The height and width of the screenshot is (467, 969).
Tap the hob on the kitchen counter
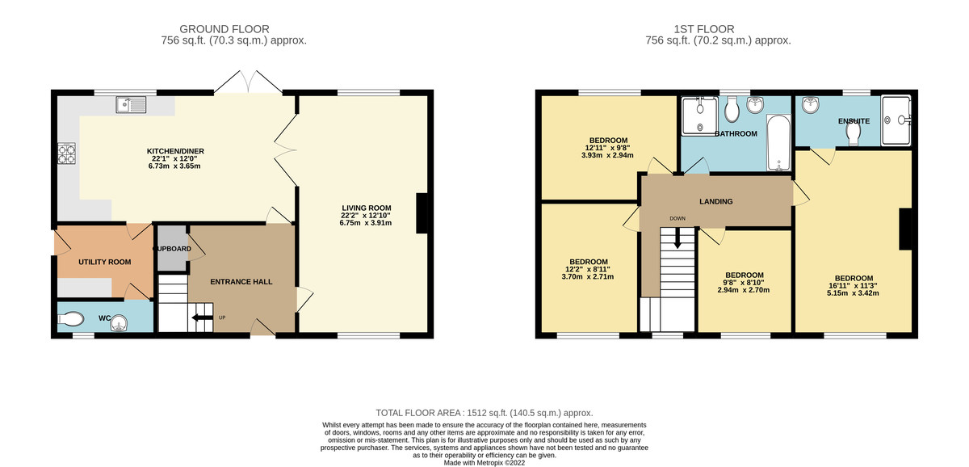point(65,154)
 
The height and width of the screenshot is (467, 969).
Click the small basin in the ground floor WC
point(120,323)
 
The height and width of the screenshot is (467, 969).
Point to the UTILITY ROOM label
point(104,263)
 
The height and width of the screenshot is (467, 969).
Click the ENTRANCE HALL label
point(241,282)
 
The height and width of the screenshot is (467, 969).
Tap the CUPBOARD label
point(172,249)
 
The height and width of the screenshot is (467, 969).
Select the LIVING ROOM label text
point(366,208)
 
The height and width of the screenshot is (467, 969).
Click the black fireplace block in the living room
point(422,214)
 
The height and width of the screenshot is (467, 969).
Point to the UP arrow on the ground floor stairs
point(197,318)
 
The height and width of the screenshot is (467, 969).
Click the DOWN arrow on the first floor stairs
point(677,238)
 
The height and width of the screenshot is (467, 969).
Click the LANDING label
point(715,201)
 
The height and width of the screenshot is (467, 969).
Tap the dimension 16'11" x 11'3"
point(854,285)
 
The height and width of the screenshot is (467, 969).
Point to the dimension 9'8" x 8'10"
point(744,282)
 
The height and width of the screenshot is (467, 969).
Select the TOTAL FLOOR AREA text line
point(484,412)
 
